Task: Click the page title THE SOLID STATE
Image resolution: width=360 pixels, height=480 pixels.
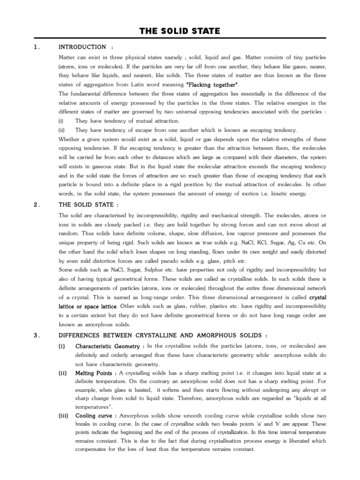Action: click(180, 31)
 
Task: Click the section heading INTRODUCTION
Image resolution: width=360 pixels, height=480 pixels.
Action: click(82, 47)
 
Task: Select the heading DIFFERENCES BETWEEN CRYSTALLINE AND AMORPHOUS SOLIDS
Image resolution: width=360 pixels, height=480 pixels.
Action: click(163, 335)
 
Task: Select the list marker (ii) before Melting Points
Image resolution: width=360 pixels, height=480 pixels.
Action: click(61, 373)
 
